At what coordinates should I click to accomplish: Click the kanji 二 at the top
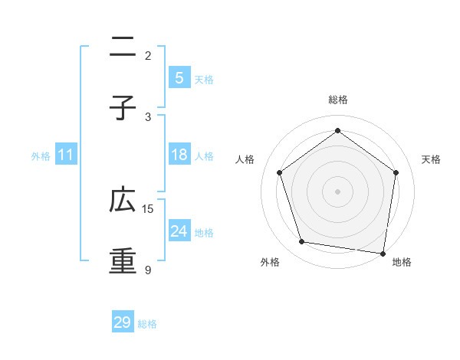tap(123, 51)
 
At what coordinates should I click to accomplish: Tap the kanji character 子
tap(123, 108)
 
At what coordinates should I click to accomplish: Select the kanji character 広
tap(123, 201)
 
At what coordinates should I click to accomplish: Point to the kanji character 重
tap(123, 259)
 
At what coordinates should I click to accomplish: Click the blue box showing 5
tap(179, 78)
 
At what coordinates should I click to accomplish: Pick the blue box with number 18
tap(179, 155)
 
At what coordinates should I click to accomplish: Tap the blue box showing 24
tap(179, 231)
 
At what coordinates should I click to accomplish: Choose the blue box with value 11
tap(66, 155)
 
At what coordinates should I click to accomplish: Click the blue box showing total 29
tap(123, 322)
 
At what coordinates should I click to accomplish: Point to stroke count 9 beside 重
tap(148, 270)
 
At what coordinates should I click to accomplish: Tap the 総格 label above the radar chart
tap(337, 100)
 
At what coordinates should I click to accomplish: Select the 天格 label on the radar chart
tap(431, 159)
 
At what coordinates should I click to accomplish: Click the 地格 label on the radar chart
tap(402, 262)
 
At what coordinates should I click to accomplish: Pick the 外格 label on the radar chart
tap(270, 262)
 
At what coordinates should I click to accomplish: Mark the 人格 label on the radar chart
tap(245, 159)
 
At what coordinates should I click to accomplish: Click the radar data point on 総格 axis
tap(337, 131)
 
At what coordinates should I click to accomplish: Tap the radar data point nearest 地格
tap(383, 253)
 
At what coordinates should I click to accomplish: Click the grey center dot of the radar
tap(337, 191)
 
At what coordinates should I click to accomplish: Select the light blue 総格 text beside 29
tap(147, 324)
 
